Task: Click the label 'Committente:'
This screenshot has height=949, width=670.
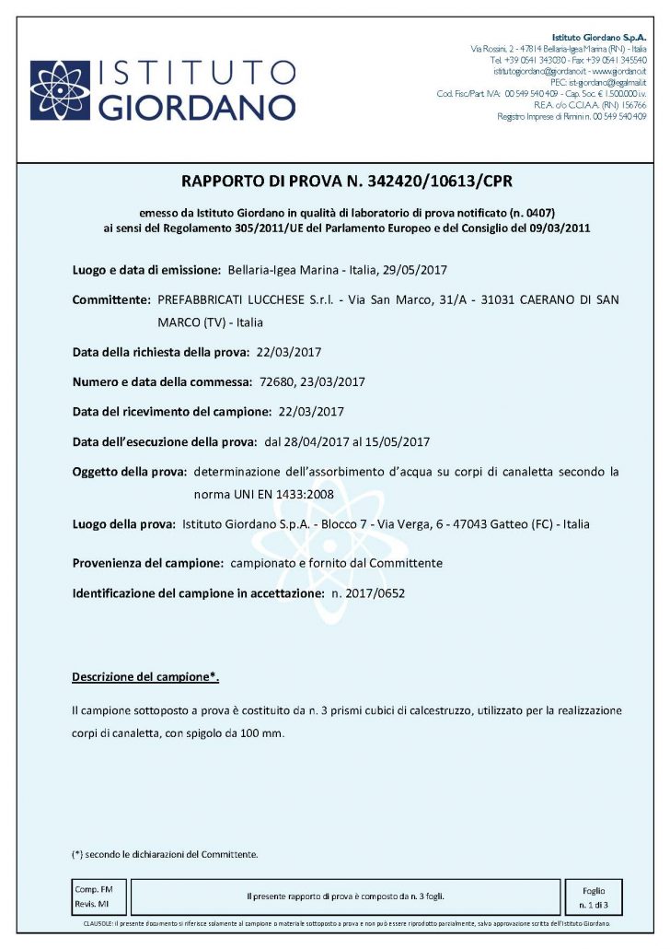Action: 110,300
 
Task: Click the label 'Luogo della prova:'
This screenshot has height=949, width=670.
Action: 123,524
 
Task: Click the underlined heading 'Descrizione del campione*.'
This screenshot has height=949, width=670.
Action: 145,677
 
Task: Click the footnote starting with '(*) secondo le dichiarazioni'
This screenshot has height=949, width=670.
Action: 164,854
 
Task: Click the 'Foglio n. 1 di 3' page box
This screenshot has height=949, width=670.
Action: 594,896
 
